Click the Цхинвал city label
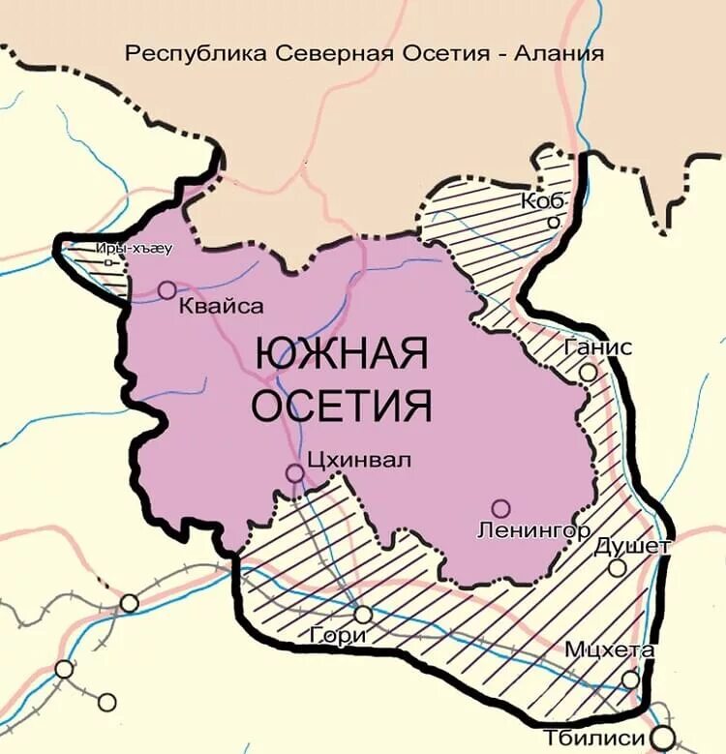(x=357, y=460)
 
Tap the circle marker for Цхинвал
(x=294, y=472)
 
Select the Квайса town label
(x=222, y=306)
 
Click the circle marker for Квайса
(x=166, y=289)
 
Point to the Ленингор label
(x=534, y=529)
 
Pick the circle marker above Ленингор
(x=500, y=507)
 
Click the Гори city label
(x=339, y=636)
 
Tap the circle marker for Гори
(x=362, y=614)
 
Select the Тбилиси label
(x=594, y=738)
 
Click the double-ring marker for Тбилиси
(x=663, y=737)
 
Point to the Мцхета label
(x=610, y=650)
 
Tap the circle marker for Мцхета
(x=630, y=679)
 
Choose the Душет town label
(x=632, y=546)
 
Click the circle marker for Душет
(x=617, y=568)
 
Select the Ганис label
(x=600, y=347)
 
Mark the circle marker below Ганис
(x=588, y=373)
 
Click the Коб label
(x=541, y=201)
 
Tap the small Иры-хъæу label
(x=134, y=249)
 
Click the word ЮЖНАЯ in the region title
(x=341, y=354)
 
